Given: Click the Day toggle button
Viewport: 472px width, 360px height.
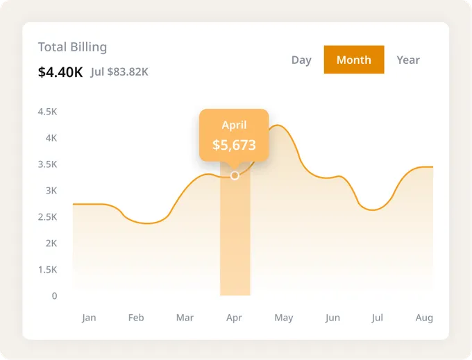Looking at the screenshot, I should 301,60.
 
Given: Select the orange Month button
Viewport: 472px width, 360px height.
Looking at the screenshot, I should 354,60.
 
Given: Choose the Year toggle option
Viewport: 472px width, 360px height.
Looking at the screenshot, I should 408,60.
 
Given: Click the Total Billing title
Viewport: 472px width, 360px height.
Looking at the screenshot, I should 72,47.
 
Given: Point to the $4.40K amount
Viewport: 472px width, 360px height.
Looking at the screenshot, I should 60,71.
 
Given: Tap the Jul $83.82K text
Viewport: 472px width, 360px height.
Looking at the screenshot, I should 119,71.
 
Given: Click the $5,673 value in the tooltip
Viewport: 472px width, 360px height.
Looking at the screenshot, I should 234,145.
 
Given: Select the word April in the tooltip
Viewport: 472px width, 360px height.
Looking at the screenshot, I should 234,125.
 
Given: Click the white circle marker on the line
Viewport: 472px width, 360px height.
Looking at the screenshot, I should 235,175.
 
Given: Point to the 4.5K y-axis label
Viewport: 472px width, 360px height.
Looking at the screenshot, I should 47,112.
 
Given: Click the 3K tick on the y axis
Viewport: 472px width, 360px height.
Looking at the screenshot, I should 51,191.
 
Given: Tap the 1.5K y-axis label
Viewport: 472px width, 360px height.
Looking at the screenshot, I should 47,270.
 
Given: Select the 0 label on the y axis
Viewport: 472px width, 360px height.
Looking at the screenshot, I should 54,296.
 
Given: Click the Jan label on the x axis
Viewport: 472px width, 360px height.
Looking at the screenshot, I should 89,318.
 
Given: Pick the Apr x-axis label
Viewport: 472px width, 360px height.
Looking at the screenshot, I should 234,318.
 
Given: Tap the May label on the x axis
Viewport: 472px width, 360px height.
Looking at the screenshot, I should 283,318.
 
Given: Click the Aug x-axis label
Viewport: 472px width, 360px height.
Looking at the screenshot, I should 424,318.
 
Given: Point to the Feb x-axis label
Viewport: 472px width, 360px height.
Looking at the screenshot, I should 136,318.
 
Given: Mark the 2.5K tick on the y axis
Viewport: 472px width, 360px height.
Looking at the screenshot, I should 47,217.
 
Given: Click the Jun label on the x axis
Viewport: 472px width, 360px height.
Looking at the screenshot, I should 332,318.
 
